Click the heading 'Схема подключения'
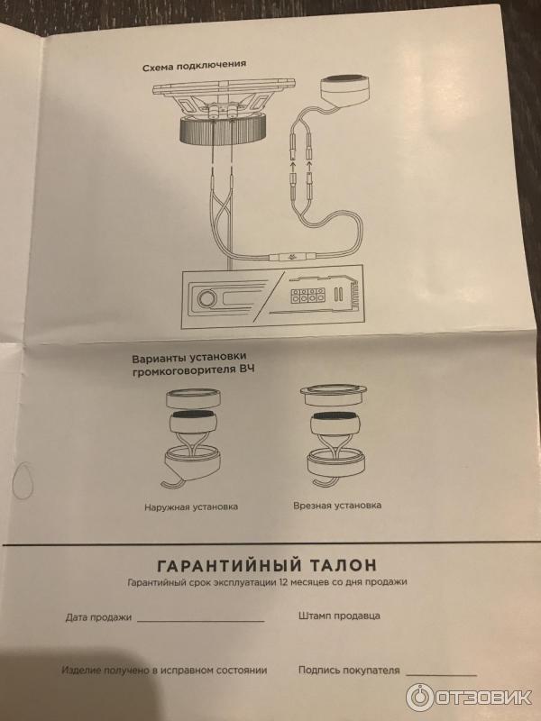pos(194,66)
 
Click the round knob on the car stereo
pos(206,299)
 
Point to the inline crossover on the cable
pos(292,258)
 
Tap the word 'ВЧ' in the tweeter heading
pos(247,370)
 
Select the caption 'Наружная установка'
pos(191,507)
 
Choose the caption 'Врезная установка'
pos(337,506)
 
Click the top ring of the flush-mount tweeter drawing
pos(333,395)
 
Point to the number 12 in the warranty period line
pos(283,582)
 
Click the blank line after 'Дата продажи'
pos(200,622)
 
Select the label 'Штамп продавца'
pos(339,616)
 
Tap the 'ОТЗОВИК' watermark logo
pos(469,698)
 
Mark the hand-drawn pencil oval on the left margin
pos(22,480)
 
